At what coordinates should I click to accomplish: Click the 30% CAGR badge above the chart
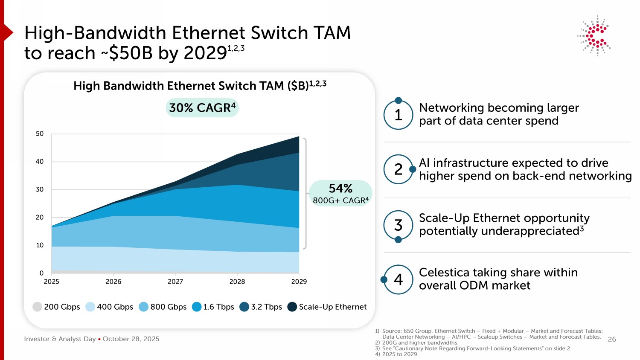click(x=202, y=108)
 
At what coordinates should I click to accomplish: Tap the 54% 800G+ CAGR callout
click(x=340, y=193)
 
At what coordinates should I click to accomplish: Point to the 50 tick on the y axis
click(x=40, y=134)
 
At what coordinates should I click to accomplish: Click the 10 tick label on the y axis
click(x=40, y=245)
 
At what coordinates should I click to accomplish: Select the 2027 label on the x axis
click(x=175, y=282)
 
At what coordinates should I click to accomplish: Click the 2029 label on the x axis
click(x=299, y=282)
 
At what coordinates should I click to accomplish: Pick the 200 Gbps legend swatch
click(x=38, y=307)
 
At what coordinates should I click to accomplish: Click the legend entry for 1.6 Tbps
click(x=213, y=307)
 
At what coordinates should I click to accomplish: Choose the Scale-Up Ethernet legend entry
click(x=327, y=307)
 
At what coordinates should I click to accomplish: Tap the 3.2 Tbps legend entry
click(x=261, y=307)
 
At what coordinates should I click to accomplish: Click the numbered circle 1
click(x=398, y=115)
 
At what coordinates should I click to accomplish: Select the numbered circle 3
click(x=398, y=225)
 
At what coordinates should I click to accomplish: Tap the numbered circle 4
click(x=398, y=279)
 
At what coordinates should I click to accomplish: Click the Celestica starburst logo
click(x=595, y=36)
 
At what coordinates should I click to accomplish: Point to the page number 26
click(x=612, y=340)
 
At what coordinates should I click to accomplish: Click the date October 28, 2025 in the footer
click(x=131, y=339)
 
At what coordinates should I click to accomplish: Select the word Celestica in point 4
click(x=444, y=273)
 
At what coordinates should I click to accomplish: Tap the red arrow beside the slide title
click(x=8, y=32)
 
